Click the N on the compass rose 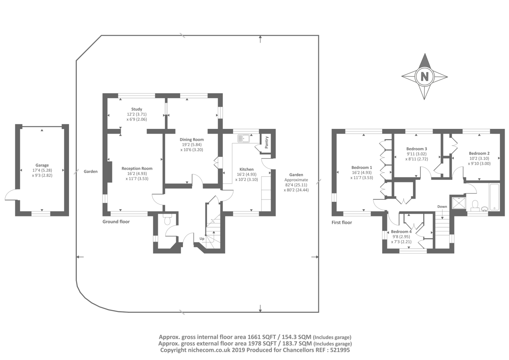424,77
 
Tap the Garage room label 42,165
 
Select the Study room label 136,109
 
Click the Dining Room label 192,140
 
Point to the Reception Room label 137,168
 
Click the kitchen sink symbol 243,138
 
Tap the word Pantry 267,142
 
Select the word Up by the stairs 202,239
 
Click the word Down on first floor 442,207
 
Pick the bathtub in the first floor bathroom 494,197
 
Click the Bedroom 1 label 361,168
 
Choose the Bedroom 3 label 416,149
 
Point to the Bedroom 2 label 479,153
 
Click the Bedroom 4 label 401,232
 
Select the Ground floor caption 116,222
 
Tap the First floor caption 342,222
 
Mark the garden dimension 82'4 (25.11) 296,185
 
